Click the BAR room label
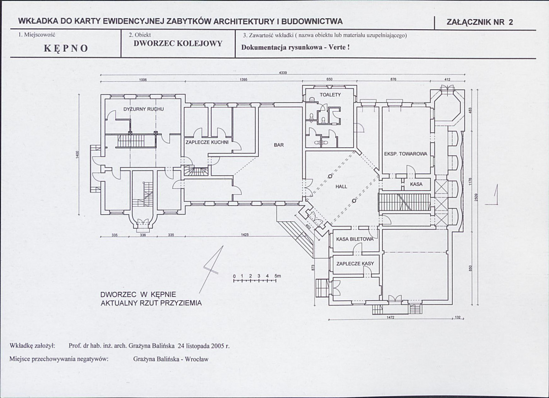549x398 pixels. (279, 145)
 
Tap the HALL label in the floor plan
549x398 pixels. (342, 187)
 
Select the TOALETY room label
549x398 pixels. (330, 95)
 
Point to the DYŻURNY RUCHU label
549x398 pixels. (144, 109)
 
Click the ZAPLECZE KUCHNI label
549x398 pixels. (207, 142)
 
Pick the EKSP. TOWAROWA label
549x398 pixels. (406, 154)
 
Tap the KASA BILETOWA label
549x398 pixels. (355, 240)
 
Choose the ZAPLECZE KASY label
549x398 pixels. (355, 264)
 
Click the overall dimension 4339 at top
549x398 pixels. (283, 73)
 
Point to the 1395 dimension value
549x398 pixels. (244, 80)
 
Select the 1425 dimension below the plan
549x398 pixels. (245, 235)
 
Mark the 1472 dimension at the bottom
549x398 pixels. (391, 317)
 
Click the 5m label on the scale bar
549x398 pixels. (277, 276)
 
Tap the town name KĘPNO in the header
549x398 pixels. (66, 48)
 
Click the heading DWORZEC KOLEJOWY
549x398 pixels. (178, 44)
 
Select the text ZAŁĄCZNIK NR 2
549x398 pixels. (480, 22)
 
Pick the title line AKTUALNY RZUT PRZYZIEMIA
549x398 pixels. (151, 303)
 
